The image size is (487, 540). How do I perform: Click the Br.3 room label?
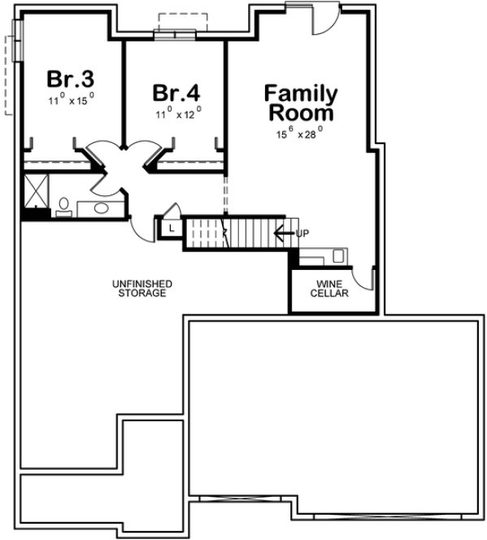[71, 79]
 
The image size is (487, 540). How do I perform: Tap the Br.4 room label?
[176, 89]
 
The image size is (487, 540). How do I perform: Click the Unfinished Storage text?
[141, 288]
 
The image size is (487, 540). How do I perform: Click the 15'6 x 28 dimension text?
[299, 130]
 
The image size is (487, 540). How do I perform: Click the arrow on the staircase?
[282, 233]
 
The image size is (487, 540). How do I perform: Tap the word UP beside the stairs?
[302, 233]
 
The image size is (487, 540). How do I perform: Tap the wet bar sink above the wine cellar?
[340, 255]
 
